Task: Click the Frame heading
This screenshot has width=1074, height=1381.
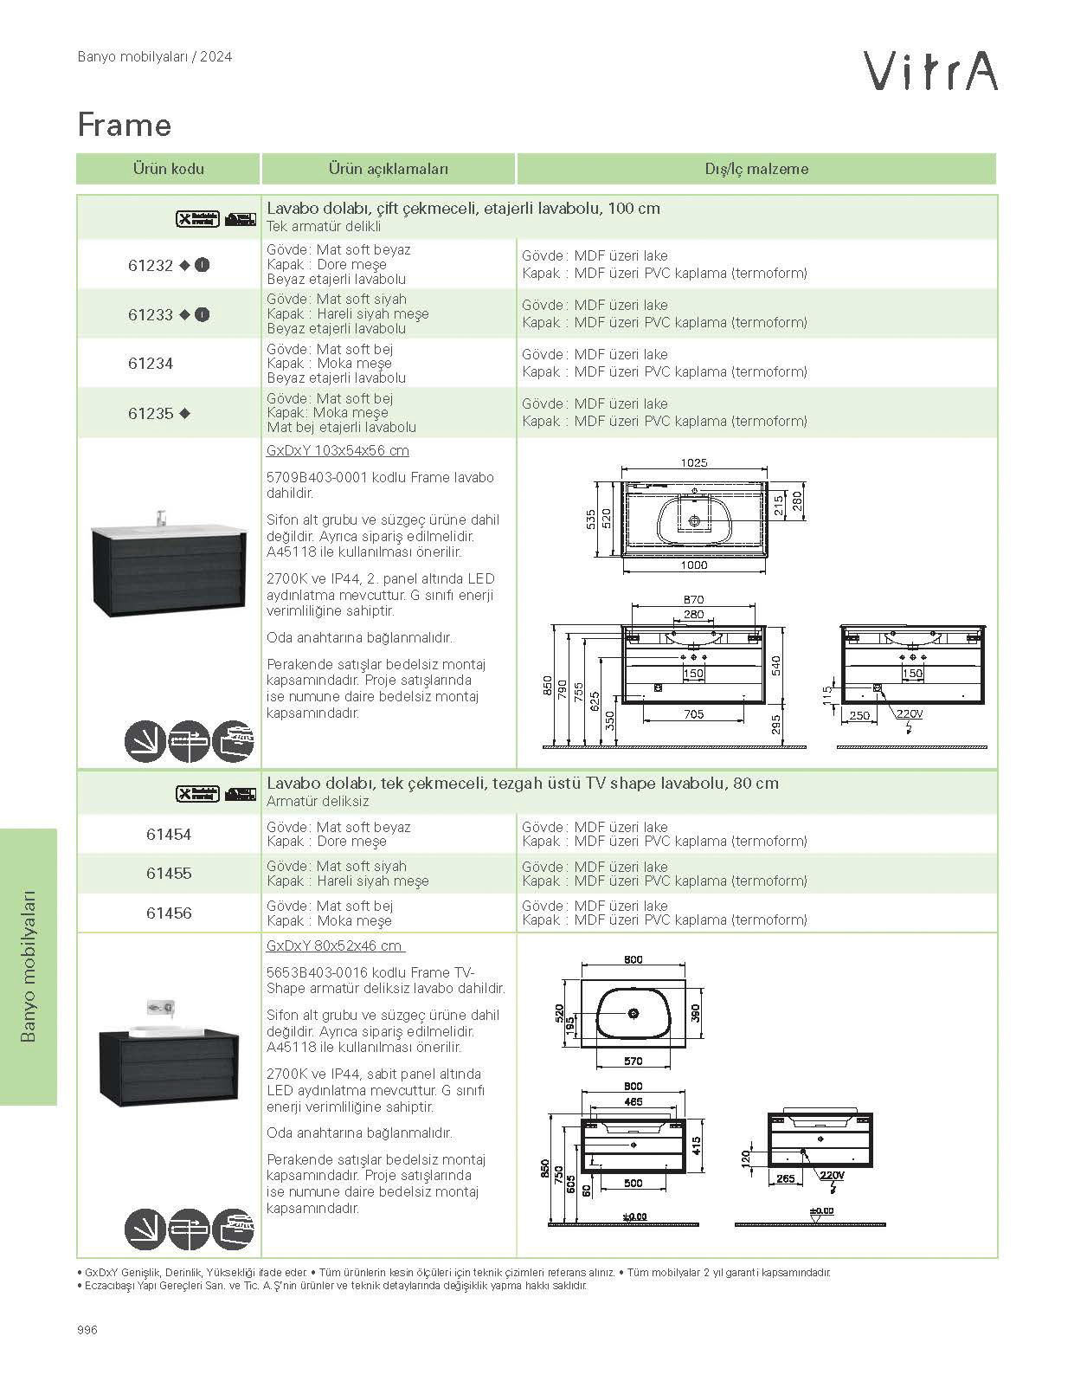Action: (x=125, y=126)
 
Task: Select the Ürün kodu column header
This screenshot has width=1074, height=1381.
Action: (x=168, y=169)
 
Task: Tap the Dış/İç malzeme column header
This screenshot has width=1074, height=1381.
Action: (x=756, y=169)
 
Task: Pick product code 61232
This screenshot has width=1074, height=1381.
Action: (x=151, y=266)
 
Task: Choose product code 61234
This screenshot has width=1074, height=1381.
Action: (x=151, y=364)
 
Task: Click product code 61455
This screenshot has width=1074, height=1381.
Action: (x=169, y=874)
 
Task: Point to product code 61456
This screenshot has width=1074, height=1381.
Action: (x=169, y=913)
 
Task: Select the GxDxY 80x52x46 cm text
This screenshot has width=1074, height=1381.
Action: (x=334, y=946)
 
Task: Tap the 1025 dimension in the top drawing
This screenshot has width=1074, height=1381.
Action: (x=694, y=463)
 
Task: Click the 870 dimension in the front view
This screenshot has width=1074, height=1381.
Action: (x=694, y=599)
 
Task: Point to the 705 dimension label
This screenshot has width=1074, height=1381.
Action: (x=694, y=714)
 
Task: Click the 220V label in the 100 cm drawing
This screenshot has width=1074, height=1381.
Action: (x=909, y=714)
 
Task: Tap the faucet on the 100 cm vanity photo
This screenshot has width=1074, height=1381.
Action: (x=161, y=518)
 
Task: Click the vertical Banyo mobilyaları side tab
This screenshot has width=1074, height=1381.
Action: (x=29, y=965)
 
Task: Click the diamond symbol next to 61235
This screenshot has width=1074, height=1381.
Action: (x=184, y=414)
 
